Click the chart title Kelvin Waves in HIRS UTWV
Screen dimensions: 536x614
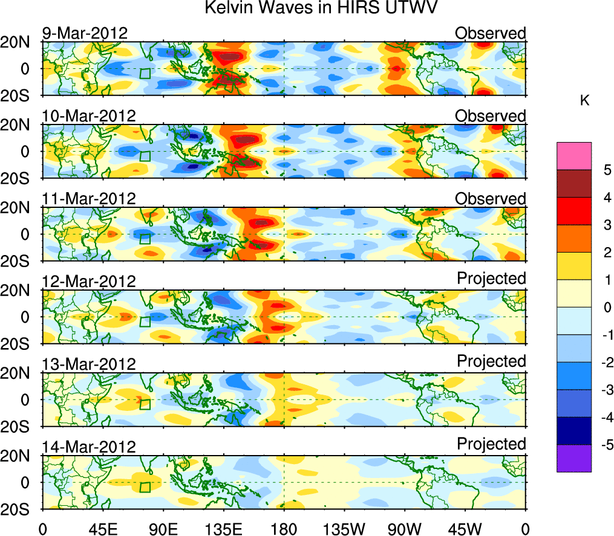[320, 8]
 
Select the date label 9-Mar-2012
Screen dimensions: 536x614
[85, 33]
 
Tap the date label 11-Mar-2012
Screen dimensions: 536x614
[88, 198]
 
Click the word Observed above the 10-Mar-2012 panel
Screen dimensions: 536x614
[491, 115]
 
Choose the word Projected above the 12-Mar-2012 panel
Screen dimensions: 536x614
[491, 279]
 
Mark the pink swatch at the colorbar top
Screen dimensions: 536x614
[573, 156]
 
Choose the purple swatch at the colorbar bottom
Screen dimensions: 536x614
[573, 458]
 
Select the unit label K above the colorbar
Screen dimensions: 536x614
[585, 101]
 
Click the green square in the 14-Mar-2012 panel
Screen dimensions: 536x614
[145, 487]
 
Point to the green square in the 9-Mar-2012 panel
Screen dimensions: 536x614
[145, 74]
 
